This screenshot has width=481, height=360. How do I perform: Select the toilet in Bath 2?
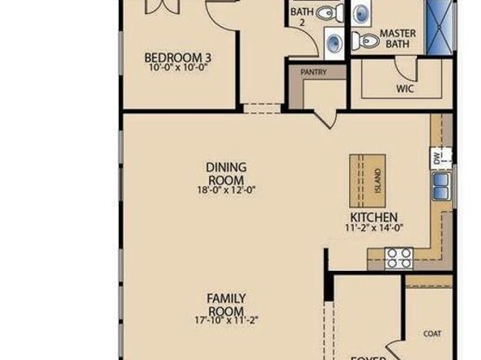point(327,13)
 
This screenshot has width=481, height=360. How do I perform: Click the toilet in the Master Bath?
point(368,40)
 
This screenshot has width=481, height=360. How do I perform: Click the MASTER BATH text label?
point(398,38)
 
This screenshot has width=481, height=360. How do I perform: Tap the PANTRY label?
point(313,72)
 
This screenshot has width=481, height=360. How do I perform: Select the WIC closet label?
point(405,89)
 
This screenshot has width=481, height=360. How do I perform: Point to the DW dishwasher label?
point(437,159)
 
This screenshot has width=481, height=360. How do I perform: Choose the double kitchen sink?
point(441,187)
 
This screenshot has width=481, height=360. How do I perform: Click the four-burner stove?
point(398,258)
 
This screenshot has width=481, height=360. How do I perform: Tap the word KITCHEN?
point(373,218)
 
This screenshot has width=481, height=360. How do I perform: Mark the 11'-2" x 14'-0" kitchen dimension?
point(373,228)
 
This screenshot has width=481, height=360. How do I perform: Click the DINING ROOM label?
point(226,173)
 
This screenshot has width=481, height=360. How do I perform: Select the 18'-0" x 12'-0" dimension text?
point(226,191)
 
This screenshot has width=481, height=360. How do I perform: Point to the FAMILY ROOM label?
point(226,305)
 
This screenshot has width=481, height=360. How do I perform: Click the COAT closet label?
point(432,332)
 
